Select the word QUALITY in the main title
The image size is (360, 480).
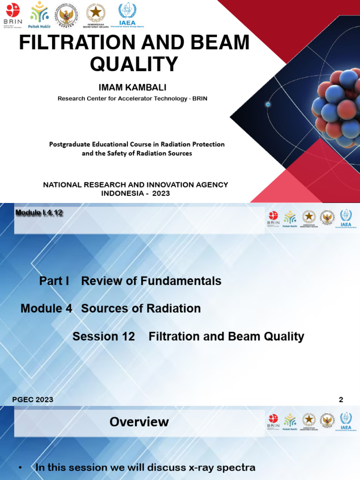(134, 64)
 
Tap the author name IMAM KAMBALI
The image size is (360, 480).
(132, 88)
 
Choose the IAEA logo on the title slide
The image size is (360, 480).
(127, 15)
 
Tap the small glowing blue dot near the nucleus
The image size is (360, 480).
(268, 104)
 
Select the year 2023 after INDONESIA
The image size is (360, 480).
(161, 193)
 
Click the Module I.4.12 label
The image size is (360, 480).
(39, 212)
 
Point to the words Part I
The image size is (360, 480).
(54, 281)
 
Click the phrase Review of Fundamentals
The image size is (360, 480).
(151, 281)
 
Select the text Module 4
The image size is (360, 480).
(46, 308)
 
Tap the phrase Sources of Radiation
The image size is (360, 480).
(141, 308)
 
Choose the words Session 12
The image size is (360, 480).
(104, 337)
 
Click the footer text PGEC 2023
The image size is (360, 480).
(32, 400)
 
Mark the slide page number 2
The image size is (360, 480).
(341, 400)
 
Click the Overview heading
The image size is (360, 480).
(139, 422)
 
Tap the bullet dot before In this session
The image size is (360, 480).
(20, 468)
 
